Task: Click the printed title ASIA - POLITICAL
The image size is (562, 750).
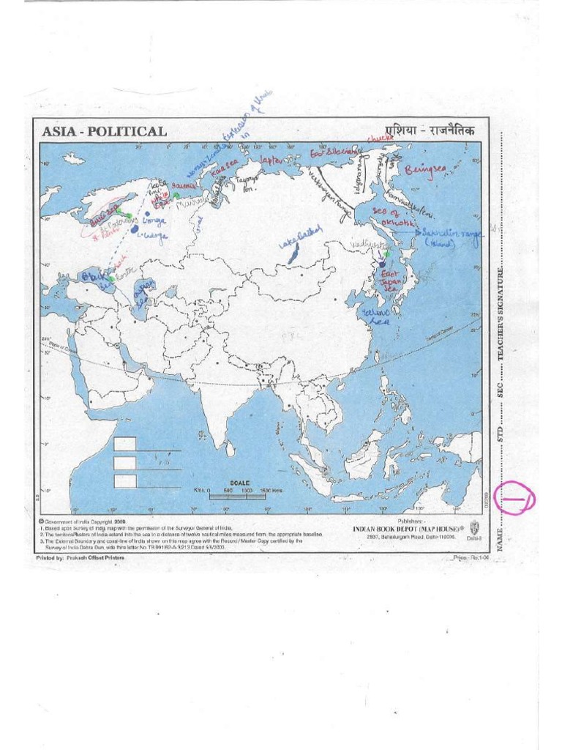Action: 104,132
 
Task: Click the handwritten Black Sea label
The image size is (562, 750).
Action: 94,278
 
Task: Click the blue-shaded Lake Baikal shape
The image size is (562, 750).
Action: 294,255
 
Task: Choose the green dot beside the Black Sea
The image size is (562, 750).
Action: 111,279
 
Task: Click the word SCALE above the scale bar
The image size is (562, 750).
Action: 240,483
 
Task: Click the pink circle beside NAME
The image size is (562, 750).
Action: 515,500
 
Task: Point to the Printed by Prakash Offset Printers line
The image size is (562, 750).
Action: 80,557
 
